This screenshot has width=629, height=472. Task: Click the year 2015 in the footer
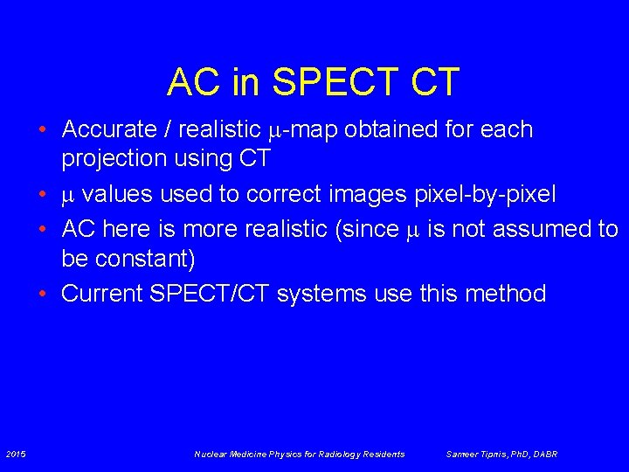(x=15, y=454)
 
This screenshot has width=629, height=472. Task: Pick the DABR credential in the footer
(x=545, y=454)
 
